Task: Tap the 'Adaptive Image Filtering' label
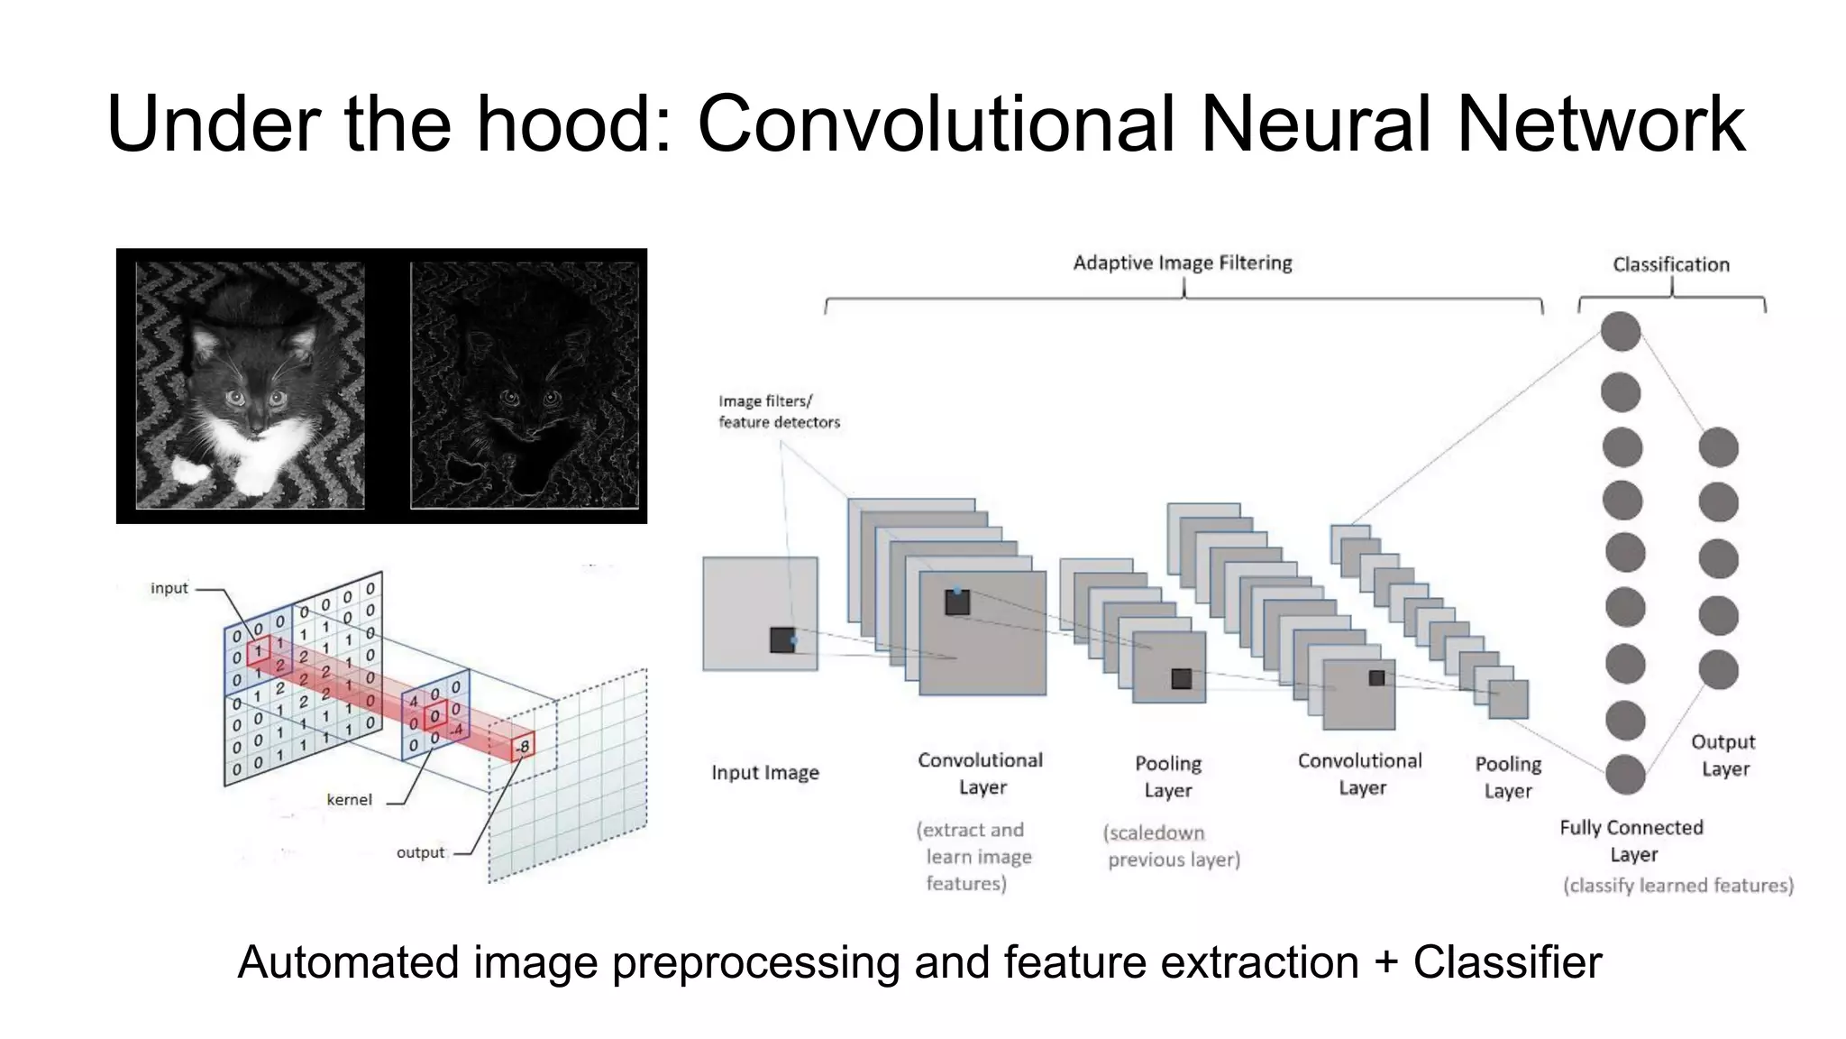1182,263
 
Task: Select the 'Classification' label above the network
1670,265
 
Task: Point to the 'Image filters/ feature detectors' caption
778,411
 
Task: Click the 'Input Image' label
764,773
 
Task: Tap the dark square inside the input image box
782,639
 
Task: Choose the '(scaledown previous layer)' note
1172,846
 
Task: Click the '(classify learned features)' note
1677,886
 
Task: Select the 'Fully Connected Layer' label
1631,841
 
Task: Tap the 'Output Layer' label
1723,755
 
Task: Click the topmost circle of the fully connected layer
1620,331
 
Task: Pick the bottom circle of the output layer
1718,670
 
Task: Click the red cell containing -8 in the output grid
523,747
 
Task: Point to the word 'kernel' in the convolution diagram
349,800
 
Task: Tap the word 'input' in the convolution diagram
169,588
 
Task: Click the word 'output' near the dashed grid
420,852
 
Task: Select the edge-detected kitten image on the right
524,386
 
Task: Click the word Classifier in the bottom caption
1507,962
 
